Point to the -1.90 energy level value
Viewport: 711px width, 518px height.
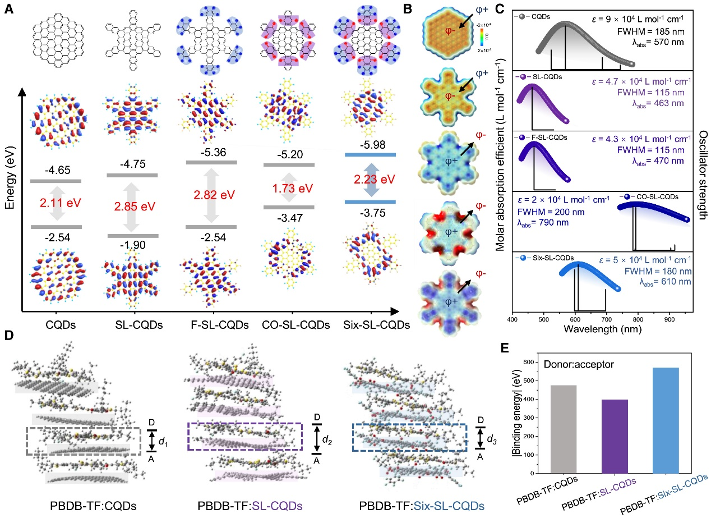[131, 245]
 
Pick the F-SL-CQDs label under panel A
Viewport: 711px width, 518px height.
[211, 325]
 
